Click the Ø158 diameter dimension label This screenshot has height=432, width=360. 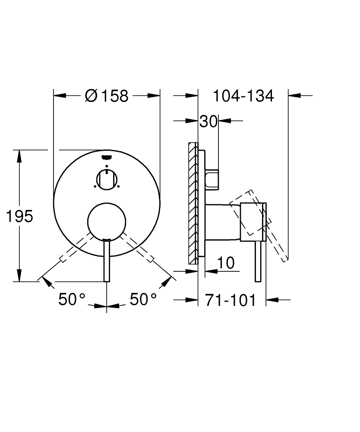[107, 96]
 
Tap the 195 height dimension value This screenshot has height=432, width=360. [19, 216]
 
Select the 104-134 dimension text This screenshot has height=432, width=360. [243, 96]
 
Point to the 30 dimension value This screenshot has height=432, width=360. [208, 121]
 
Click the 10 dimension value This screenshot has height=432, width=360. [226, 263]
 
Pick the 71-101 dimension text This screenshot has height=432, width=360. [231, 300]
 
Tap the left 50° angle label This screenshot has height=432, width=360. [72, 299]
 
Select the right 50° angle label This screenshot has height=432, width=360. [143, 299]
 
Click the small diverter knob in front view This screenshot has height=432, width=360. [107, 180]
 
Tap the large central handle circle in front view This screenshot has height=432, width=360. [107, 222]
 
